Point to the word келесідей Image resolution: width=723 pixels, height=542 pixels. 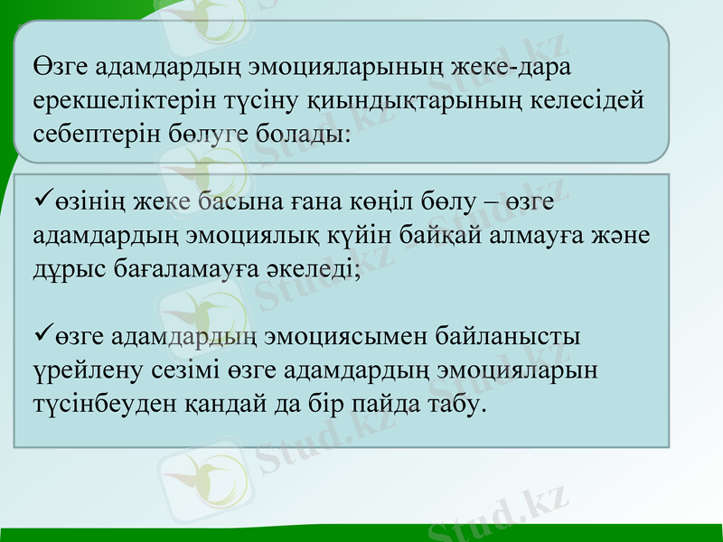click(583, 101)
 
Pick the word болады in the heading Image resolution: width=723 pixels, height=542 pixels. click(300, 134)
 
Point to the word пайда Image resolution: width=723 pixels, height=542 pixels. click(379, 404)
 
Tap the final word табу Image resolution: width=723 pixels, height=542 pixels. click(454, 404)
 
